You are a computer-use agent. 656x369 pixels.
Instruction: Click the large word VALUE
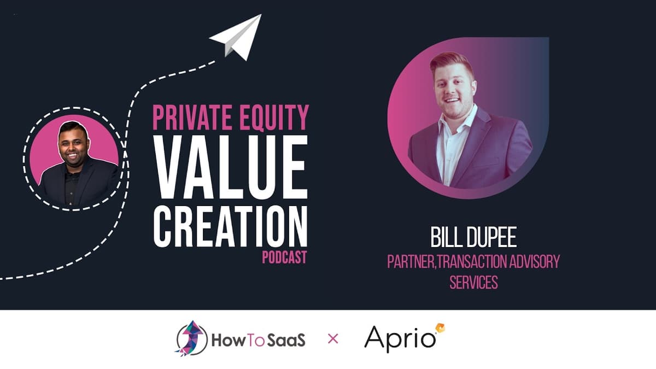click(230, 163)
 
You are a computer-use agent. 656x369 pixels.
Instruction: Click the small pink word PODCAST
click(284, 257)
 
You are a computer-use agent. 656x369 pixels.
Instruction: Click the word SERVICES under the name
click(473, 283)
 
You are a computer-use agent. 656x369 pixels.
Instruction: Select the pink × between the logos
click(333, 339)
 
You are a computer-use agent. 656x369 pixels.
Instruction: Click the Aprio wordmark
click(401, 339)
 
